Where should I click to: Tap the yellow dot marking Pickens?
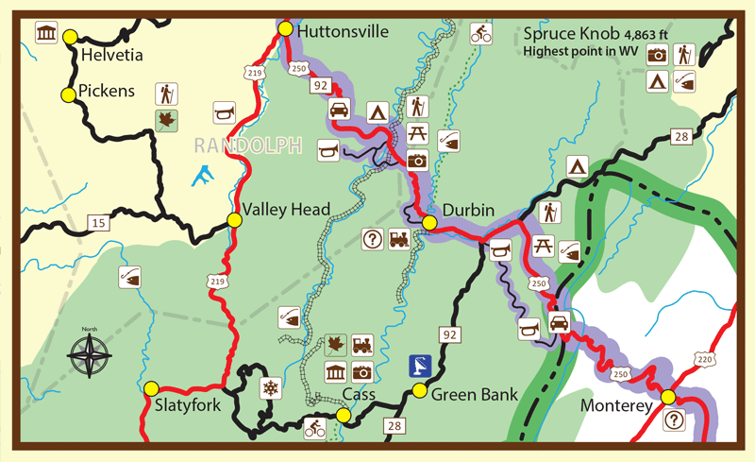tap(68, 94)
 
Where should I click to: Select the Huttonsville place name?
tap(342, 31)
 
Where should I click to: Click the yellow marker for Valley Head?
tap(235, 220)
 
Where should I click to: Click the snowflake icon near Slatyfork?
tap(270, 388)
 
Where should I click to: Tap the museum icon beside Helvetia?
tap(44, 35)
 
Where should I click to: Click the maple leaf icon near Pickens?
tap(167, 119)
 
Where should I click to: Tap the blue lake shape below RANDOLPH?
tap(201, 176)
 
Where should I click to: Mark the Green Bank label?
tap(474, 394)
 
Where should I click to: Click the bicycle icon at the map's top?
tap(481, 34)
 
